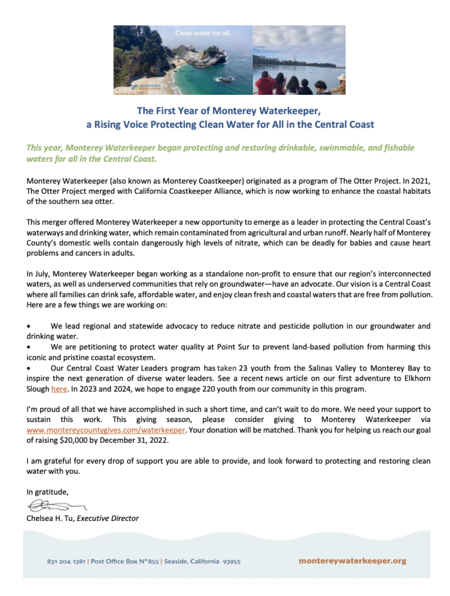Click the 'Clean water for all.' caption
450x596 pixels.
(203, 33)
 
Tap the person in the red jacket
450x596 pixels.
(265, 84)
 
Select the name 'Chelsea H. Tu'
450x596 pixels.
(50, 518)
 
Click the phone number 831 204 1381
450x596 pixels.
(66, 562)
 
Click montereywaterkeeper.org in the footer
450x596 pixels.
(352, 561)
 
